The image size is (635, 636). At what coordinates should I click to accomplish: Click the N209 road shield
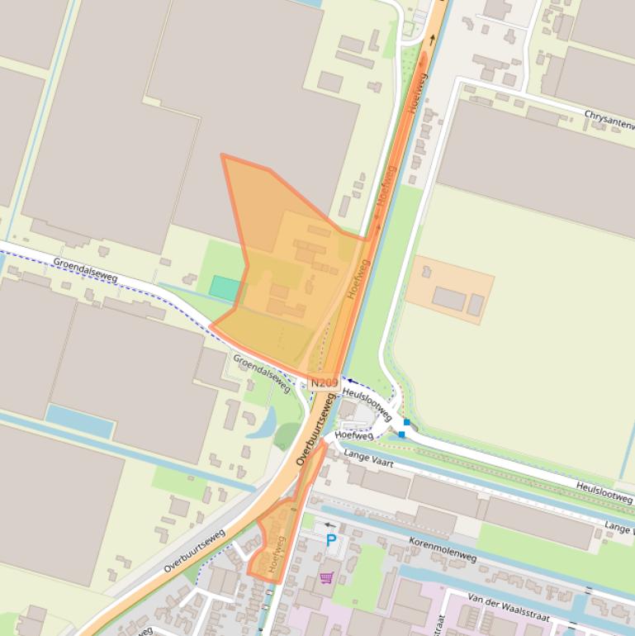point(325,383)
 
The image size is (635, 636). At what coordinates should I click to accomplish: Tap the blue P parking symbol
point(331,541)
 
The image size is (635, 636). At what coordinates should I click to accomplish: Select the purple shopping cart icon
point(327,577)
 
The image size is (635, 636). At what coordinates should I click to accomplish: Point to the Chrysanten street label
point(609,119)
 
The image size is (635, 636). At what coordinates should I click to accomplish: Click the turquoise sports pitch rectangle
point(225,288)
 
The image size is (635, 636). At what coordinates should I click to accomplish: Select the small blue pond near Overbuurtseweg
point(263,423)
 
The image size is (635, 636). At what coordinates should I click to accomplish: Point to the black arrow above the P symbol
point(330,525)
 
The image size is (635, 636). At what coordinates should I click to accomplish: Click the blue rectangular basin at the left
point(79,421)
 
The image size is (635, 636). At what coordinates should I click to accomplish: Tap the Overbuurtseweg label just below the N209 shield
point(317,429)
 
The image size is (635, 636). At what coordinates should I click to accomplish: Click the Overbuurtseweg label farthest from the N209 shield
point(194,551)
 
